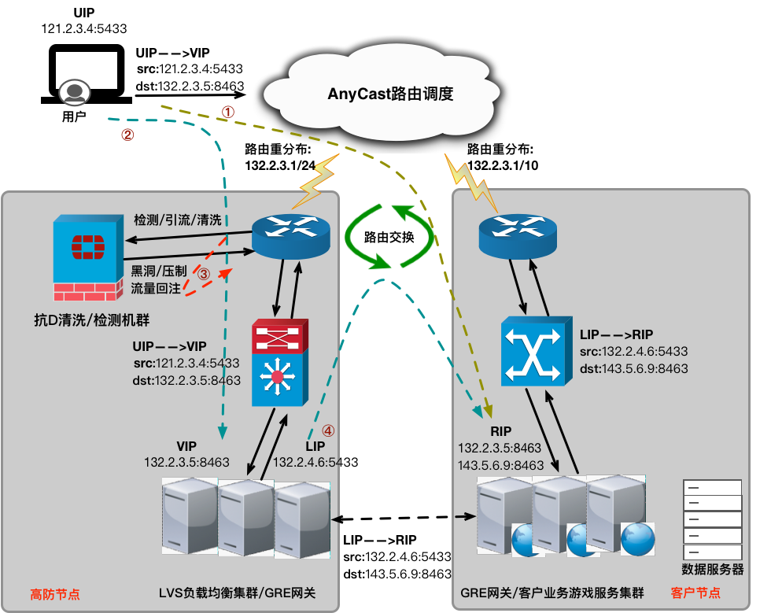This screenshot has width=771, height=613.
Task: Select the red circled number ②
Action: coord(127,134)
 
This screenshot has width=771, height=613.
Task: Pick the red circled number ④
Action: coord(328,430)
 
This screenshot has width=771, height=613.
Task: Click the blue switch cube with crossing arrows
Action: coord(536,351)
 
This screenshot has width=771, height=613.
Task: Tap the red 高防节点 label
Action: coord(54,593)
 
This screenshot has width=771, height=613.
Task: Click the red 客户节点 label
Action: coord(696,593)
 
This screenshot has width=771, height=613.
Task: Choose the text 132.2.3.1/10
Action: coord(504,165)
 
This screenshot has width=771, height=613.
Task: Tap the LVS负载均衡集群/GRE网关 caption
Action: coord(236,593)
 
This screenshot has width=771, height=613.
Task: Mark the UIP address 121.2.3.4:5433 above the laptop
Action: coord(83,28)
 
